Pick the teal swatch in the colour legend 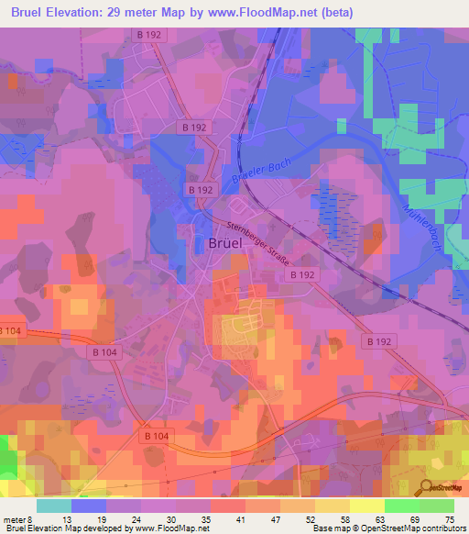point(55,505)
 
